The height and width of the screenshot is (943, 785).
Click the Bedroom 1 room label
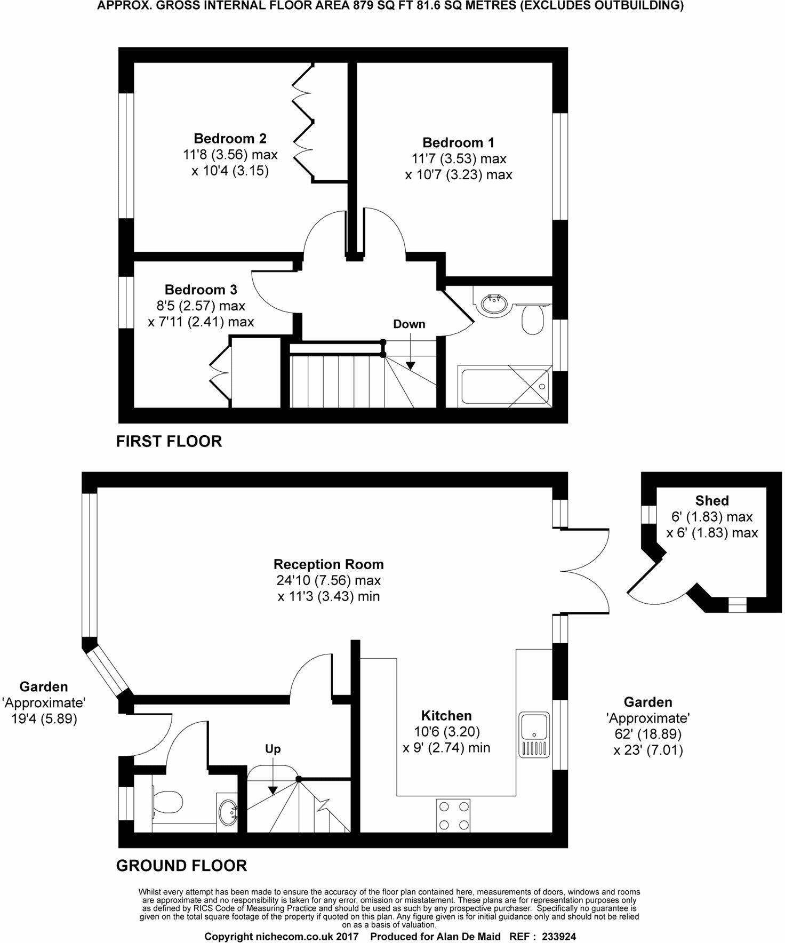[x=458, y=142]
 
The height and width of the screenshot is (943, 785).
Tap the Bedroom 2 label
[x=230, y=139]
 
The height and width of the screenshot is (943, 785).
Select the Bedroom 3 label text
[x=201, y=290]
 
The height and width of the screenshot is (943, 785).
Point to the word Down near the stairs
[x=409, y=324]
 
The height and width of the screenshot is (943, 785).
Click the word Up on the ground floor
[x=273, y=749]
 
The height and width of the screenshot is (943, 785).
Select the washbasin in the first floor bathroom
[x=495, y=305]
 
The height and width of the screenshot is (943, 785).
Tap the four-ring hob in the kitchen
[x=453, y=815]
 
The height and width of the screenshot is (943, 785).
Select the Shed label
[x=712, y=500]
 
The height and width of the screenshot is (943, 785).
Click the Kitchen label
[x=446, y=715]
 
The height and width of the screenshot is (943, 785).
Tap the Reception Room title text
[x=329, y=564]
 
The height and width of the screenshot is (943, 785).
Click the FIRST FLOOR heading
[x=169, y=441]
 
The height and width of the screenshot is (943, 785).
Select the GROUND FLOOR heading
[x=182, y=865]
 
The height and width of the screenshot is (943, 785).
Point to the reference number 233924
[x=559, y=937]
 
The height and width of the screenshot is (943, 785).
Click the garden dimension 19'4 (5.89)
[x=44, y=719]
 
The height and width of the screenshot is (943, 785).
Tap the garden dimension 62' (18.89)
[x=648, y=734]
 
